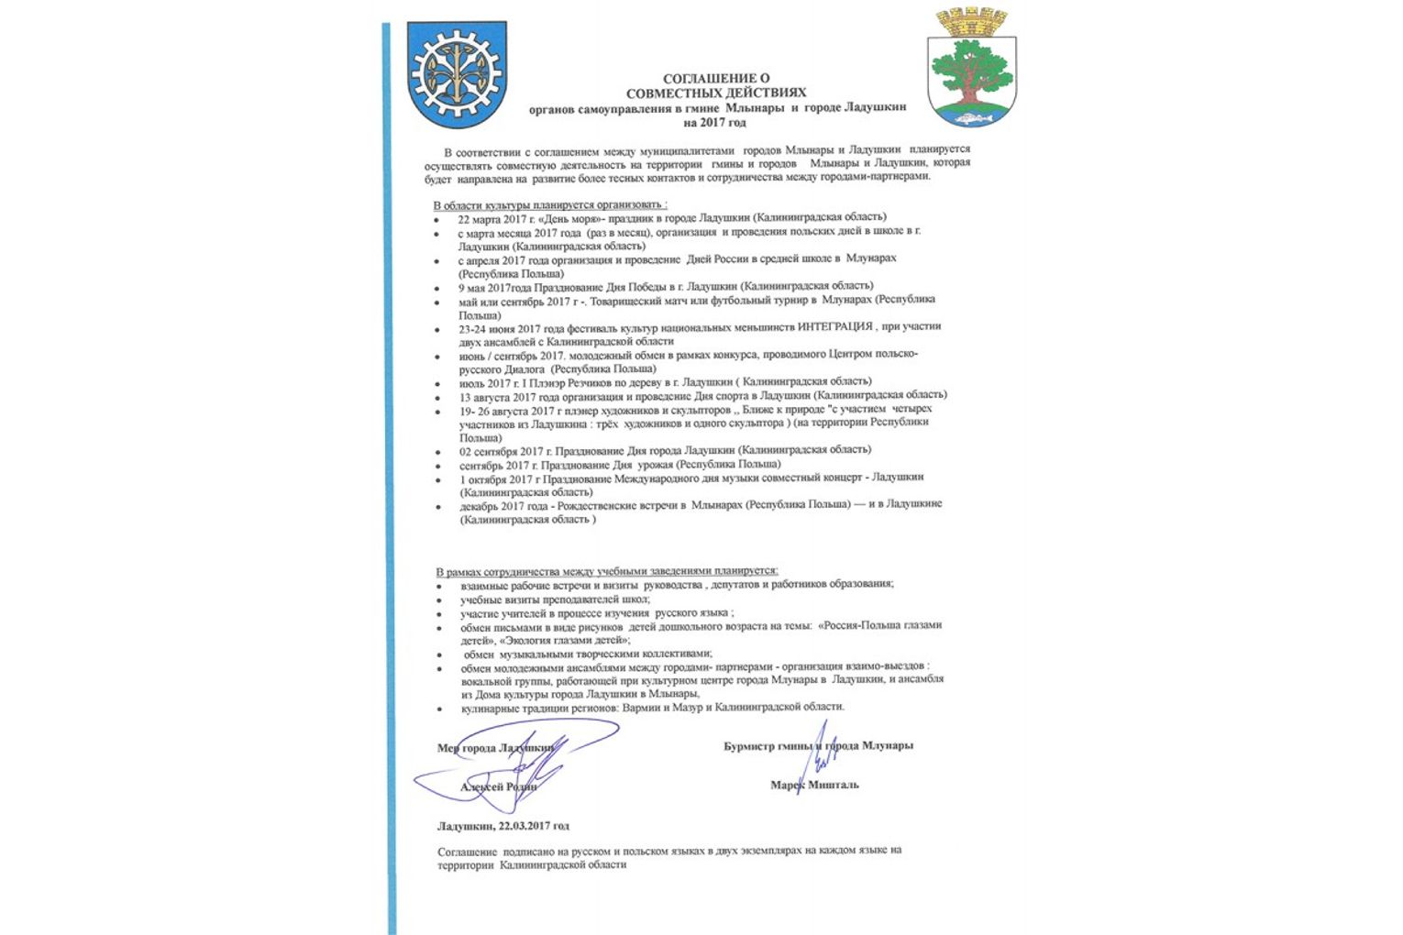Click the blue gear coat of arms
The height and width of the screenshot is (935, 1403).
[x=456, y=74]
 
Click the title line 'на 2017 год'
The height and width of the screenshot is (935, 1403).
[x=715, y=121]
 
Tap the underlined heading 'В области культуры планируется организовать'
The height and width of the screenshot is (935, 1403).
[x=549, y=204]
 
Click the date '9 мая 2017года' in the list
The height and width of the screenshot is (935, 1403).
[x=496, y=287]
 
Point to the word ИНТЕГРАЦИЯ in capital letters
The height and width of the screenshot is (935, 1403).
[x=834, y=326]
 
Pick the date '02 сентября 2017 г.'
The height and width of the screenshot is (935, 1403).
[x=506, y=451]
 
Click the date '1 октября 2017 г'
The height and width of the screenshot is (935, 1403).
[x=499, y=478]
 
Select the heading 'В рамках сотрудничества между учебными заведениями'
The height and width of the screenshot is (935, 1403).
[x=606, y=570]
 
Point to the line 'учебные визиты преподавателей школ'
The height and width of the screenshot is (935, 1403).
[x=555, y=599]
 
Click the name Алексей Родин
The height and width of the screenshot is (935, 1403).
[x=498, y=786]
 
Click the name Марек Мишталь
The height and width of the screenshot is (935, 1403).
[x=814, y=785]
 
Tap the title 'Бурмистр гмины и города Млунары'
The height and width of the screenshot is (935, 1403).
[x=818, y=745]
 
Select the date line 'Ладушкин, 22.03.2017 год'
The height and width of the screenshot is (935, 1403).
[x=503, y=826]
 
